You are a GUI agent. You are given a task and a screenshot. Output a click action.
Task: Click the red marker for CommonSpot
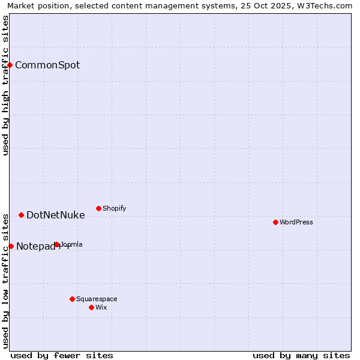(x=10, y=65)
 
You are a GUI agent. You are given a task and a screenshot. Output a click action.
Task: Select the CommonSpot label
(x=47, y=65)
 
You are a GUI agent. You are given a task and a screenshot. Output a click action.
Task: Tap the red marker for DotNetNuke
(x=21, y=215)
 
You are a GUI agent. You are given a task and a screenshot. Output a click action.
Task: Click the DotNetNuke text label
(x=55, y=215)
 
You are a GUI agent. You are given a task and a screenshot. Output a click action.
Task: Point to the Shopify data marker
(x=98, y=208)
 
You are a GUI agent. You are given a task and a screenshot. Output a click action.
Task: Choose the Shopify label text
(x=114, y=209)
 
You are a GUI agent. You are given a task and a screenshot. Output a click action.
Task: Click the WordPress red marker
(x=275, y=222)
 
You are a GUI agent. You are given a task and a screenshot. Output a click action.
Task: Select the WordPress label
(x=296, y=223)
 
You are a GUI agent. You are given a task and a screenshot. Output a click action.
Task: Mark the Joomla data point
(x=56, y=244)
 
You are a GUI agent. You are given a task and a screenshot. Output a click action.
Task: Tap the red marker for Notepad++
(x=11, y=246)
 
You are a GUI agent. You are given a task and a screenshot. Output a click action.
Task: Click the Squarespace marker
(x=72, y=299)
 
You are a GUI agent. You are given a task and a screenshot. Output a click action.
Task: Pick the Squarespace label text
(x=97, y=299)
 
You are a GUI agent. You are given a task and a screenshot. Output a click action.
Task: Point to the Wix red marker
(x=91, y=307)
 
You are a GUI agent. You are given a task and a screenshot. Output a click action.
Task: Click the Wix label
(x=101, y=308)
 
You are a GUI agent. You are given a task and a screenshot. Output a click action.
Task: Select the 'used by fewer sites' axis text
(x=62, y=355)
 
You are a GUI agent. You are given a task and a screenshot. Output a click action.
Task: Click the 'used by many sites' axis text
(x=301, y=355)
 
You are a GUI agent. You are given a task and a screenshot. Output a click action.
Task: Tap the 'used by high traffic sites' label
(x=6, y=85)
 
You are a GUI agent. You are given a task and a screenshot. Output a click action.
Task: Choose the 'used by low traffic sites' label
(x=6, y=280)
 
